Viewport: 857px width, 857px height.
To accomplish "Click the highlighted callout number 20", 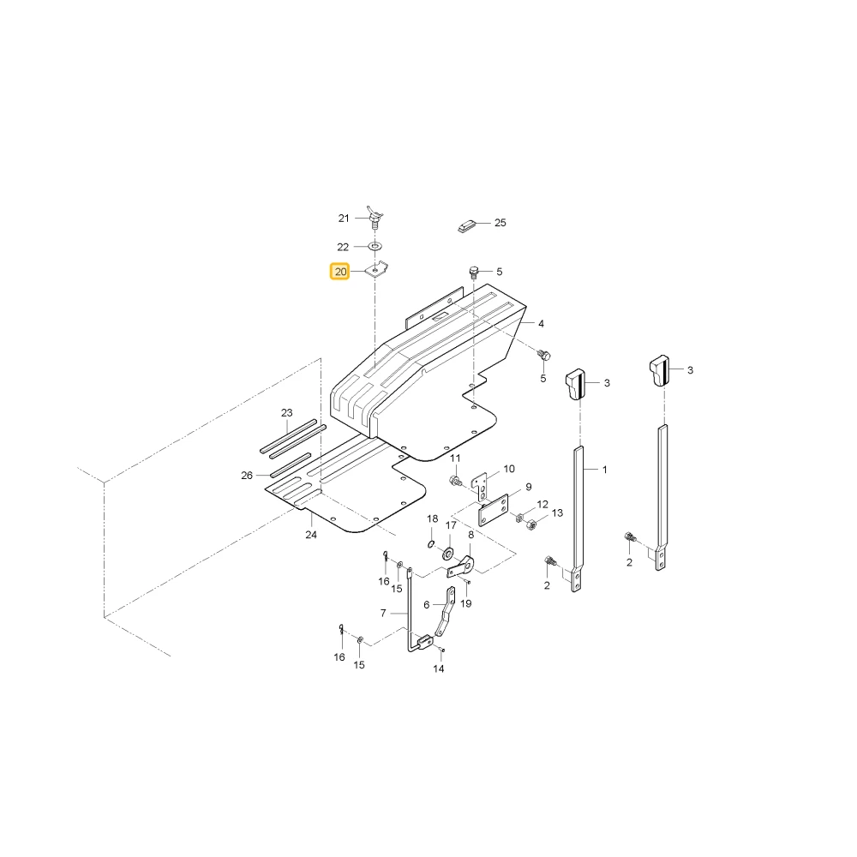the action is [340, 272].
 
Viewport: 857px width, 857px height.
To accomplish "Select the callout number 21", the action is [344, 219].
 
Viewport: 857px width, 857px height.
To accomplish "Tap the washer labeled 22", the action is [375, 247].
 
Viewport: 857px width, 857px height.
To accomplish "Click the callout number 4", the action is [541, 324].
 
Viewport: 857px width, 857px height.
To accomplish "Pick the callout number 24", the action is [311, 535].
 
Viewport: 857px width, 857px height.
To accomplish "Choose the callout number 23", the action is [287, 413].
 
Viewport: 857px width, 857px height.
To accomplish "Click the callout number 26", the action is [247, 476].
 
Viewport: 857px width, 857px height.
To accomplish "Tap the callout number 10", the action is [509, 469].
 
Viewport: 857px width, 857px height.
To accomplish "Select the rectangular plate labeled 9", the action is [494, 511].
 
